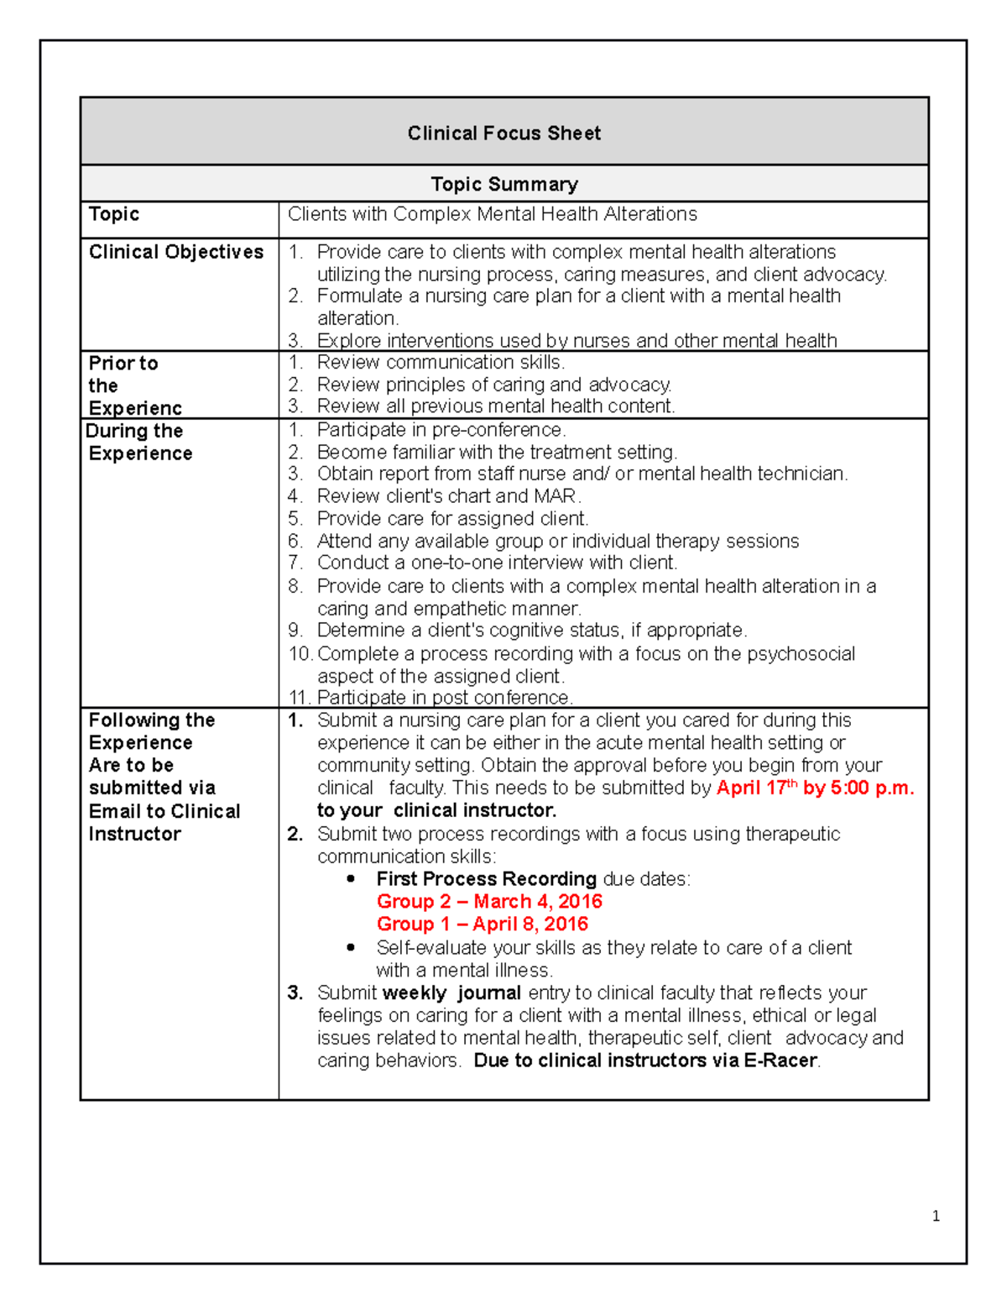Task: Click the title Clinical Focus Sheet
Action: point(503,134)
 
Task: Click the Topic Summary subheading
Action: point(503,184)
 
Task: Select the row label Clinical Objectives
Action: point(176,252)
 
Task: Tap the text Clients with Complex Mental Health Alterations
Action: point(492,214)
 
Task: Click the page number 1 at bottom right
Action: point(936,1216)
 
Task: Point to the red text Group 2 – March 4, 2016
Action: point(489,902)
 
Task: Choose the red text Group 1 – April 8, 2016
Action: point(482,924)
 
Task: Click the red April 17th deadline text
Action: point(814,788)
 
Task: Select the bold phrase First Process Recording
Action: point(486,879)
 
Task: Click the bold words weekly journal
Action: point(451,993)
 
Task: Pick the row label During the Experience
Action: point(139,442)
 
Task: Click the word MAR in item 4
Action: point(556,496)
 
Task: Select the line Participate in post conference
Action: point(445,698)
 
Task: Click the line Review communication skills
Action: point(441,363)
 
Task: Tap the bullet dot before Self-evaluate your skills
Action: point(351,947)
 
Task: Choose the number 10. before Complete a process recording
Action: point(300,654)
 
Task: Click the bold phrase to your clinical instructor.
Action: point(436,811)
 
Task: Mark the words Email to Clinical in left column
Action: point(164,811)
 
